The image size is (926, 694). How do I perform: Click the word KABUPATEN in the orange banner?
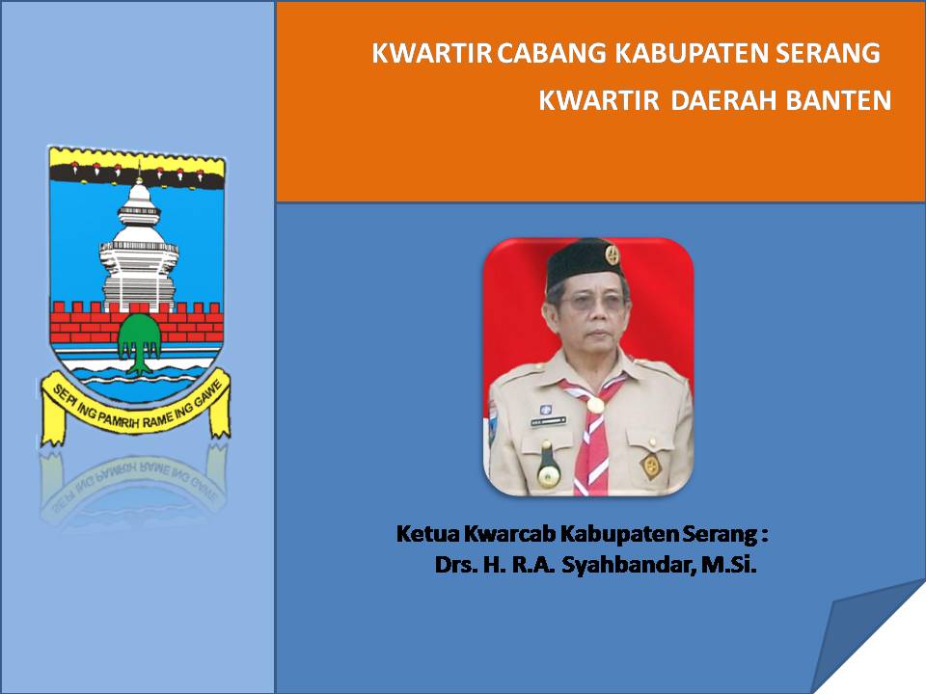[690, 54]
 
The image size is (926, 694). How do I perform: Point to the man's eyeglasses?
[589, 302]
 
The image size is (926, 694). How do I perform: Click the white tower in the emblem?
[140, 241]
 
